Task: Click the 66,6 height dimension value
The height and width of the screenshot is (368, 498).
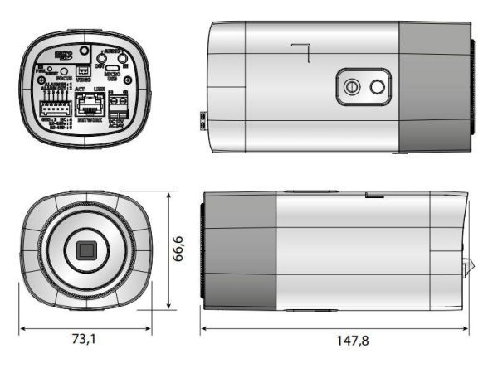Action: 178,249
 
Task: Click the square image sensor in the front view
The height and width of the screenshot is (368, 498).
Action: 85,250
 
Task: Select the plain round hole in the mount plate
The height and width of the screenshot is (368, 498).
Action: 378,86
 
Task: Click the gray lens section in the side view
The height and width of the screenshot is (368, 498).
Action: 241,250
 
